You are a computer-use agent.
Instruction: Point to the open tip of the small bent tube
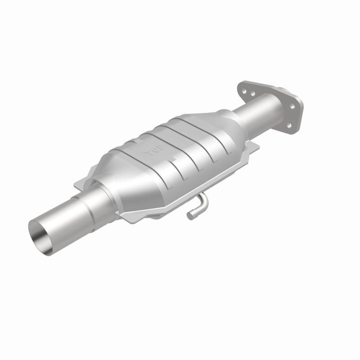click(x=191, y=216)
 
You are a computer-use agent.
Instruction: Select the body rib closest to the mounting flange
click(x=220, y=130)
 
